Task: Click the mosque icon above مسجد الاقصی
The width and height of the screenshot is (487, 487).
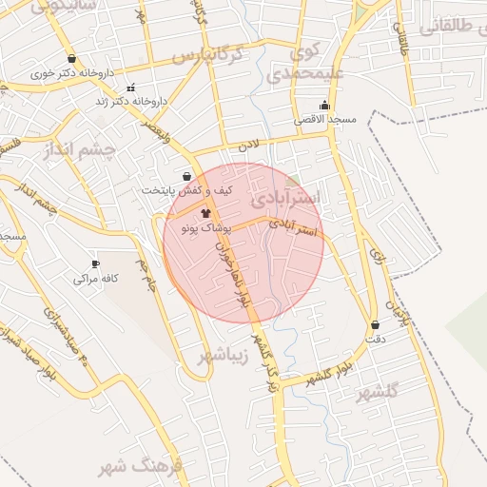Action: point(324,106)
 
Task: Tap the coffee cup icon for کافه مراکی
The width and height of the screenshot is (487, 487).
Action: point(95,263)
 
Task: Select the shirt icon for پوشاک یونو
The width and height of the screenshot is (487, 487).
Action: point(206,214)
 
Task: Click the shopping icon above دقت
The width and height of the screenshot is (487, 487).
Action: point(374,324)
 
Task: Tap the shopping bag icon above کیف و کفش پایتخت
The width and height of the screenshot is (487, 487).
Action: point(186,176)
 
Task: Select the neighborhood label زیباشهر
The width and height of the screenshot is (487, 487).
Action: point(224,356)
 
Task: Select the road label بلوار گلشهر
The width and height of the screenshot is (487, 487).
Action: point(330,374)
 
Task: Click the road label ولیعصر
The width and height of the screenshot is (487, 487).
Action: point(153,130)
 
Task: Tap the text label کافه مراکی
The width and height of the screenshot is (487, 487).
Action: point(95,280)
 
